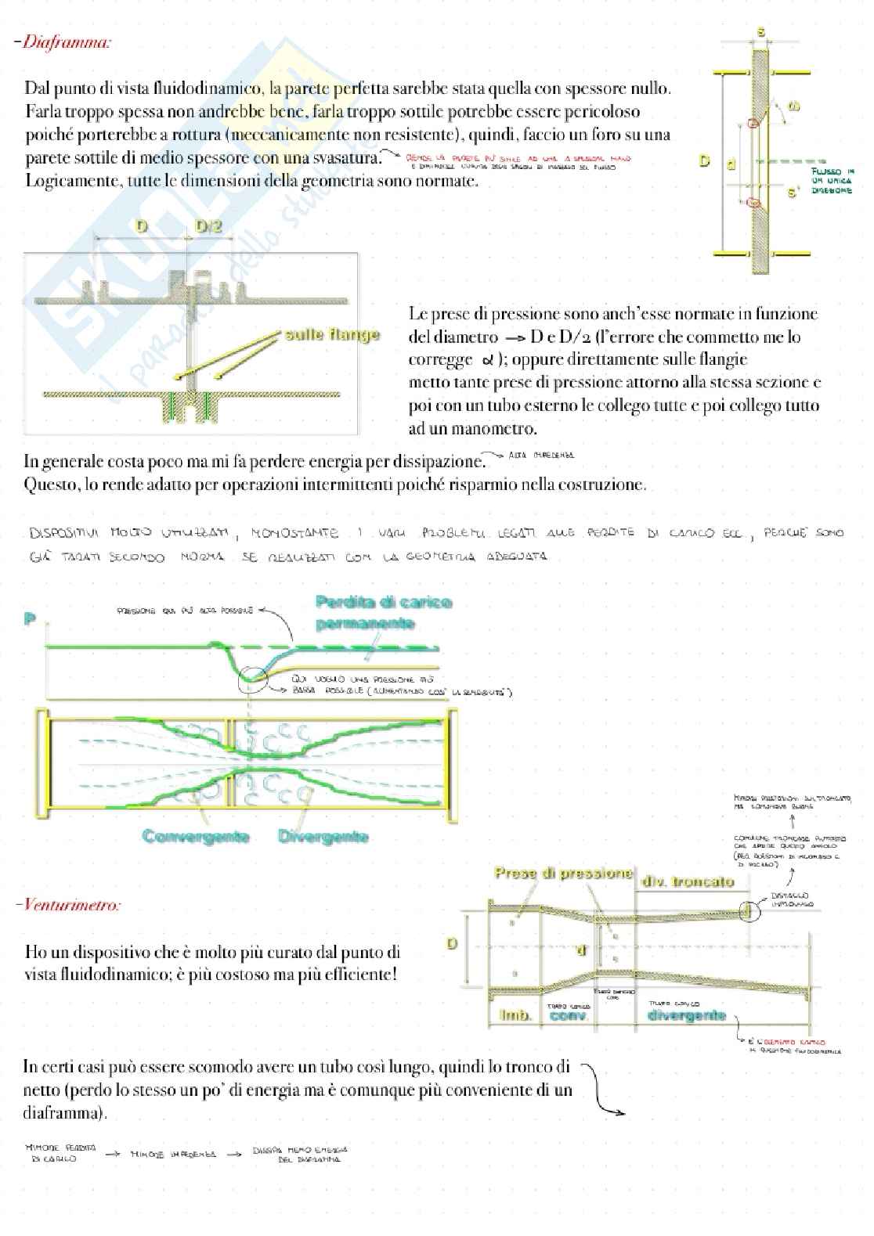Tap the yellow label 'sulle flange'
coord(332,335)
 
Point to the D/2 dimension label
coord(209,227)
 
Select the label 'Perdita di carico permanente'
coord(383,613)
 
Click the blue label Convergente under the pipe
coord(196,837)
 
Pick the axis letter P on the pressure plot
coord(30,619)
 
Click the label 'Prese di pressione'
coord(563,873)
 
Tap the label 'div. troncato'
coord(688,881)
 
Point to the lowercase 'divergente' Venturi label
coord(687,1015)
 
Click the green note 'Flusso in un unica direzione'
coord(832,181)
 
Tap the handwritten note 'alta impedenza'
coord(541,455)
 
